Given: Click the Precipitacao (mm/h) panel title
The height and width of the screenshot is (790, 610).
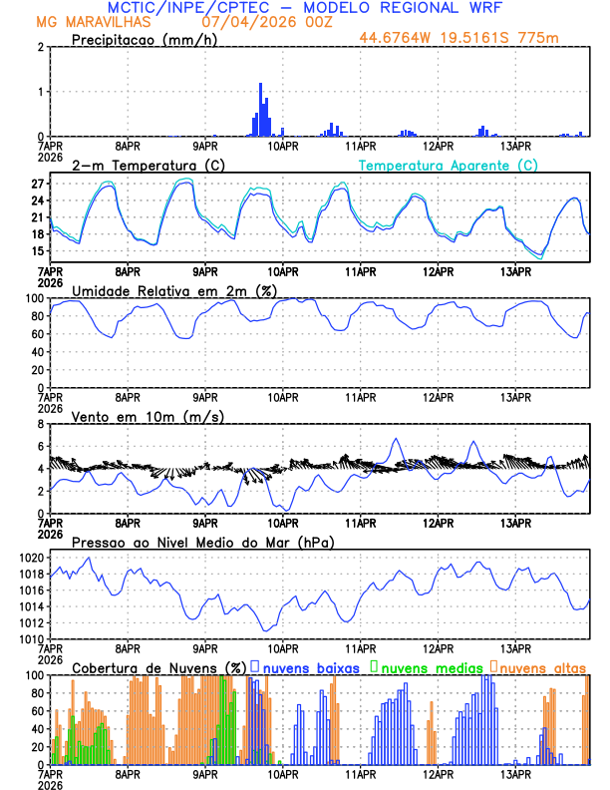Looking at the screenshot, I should (x=142, y=39).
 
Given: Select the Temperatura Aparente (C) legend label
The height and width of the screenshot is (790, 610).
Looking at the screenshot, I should (x=449, y=165).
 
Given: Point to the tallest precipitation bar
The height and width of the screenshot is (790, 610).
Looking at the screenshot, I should (x=260, y=110).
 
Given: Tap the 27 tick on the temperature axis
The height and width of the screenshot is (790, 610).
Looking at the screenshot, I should (x=37, y=185).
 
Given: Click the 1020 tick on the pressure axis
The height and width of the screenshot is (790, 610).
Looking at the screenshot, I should (x=32, y=558).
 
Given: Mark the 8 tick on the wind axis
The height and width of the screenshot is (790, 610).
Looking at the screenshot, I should (x=40, y=423).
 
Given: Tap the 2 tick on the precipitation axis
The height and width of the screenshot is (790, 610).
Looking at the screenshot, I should (x=40, y=47).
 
